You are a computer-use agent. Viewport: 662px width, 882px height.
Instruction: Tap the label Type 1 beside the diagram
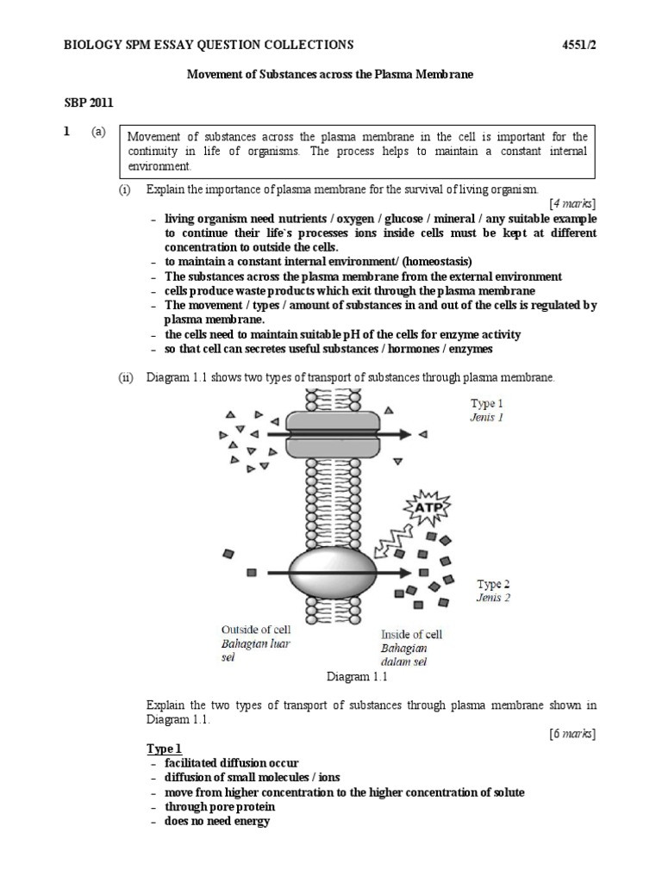coord(487,403)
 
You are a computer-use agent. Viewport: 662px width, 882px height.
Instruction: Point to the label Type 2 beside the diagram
coord(494,584)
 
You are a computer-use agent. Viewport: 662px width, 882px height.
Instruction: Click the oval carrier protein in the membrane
coord(332,572)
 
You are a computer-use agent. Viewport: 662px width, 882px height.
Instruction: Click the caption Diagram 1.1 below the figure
coord(358,677)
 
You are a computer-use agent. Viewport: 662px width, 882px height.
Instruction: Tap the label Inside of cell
coord(412,635)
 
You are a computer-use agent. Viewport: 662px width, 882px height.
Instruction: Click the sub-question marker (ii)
coord(126,377)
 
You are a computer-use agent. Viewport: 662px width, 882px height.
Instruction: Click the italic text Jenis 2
coord(493,598)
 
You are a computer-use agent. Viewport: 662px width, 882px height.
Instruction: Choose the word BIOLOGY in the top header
coord(94,44)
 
